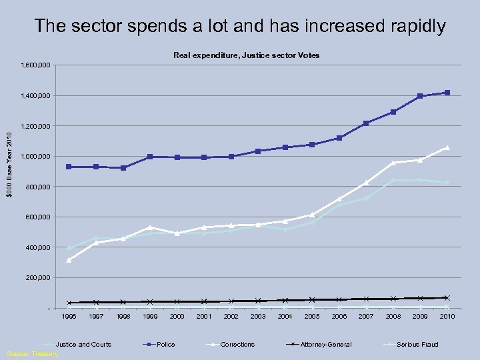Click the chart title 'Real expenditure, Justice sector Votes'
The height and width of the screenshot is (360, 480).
pos(246,55)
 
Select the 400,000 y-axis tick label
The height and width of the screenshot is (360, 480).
pos(39,248)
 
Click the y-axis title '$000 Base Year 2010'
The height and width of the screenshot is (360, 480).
pos(9,165)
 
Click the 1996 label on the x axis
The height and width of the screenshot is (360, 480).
pos(69,316)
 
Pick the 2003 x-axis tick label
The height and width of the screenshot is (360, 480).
pos(258,316)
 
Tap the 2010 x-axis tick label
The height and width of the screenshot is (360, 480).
pos(447,316)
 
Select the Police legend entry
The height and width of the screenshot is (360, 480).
pos(165,344)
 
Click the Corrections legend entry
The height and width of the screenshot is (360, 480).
pos(237,344)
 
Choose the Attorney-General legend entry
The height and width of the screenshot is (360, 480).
pos(325,344)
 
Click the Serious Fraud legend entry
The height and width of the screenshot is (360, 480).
pos(417,344)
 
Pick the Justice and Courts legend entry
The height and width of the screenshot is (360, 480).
pos(83,344)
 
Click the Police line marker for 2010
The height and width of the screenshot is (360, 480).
pos(447,93)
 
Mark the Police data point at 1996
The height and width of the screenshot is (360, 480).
pos(69,167)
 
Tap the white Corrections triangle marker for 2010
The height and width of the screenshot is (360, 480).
pos(447,147)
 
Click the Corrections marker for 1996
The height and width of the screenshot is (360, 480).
pos(69,260)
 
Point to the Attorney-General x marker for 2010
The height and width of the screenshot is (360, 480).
pos(447,298)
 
